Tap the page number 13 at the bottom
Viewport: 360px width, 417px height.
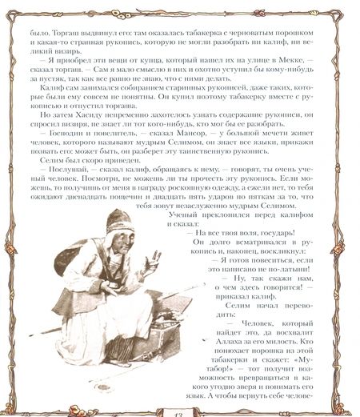click(180, 410)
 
